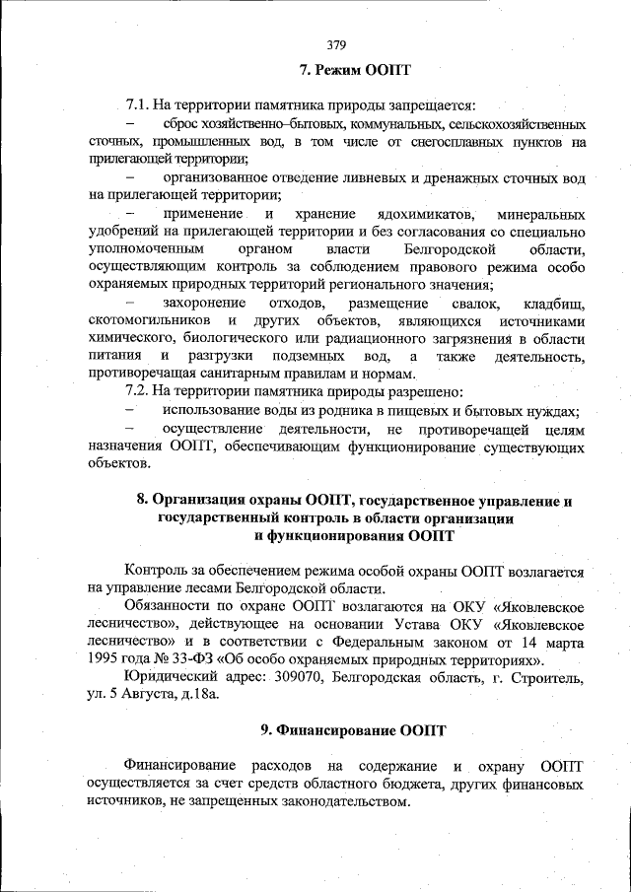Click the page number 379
click(x=335, y=43)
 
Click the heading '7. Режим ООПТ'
click(x=354, y=71)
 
